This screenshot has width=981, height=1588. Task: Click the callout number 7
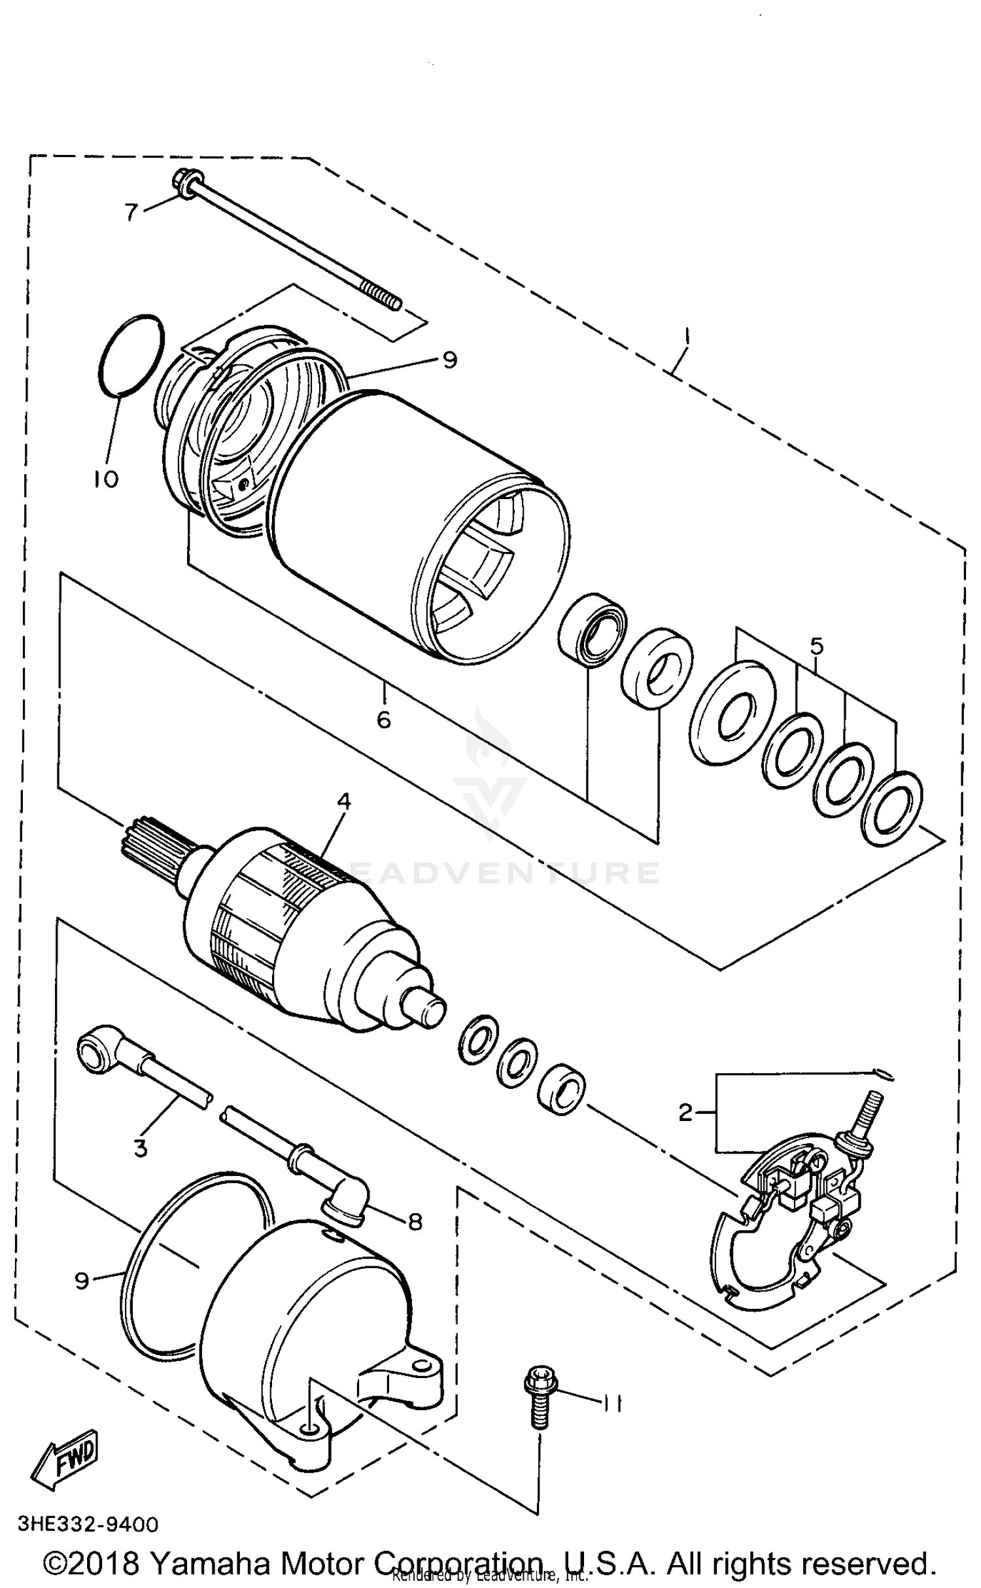[131, 212]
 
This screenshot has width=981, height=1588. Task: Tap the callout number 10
[105, 479]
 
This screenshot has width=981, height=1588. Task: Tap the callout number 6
[384, 719]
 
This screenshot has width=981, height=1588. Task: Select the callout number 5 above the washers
[816, 646]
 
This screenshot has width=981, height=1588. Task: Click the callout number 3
[141, 1148]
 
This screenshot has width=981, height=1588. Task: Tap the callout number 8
[415, 1222]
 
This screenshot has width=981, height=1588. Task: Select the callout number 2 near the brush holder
[685, 1112]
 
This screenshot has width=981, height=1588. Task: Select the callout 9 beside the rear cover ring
[82, 1280]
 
